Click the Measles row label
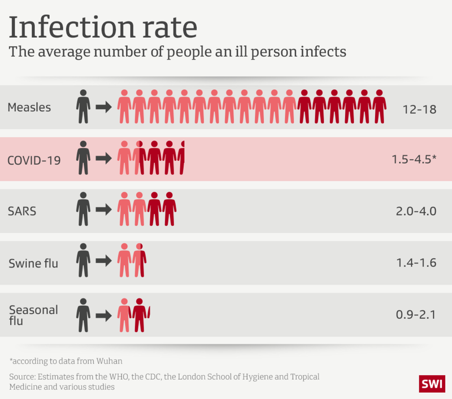coord(29,107)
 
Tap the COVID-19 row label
coord(34,160)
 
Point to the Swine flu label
coord(33,263)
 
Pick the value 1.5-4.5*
coord(414,160)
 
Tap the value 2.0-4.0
coord(416,212)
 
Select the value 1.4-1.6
coord(416,264)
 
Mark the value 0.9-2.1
coord(416,315)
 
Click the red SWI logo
coord(432,384)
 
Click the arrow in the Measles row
coord(103,107)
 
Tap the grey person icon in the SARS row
coord(83,210)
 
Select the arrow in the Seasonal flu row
coord(103,315)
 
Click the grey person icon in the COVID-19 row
coord(83,158)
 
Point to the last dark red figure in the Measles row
coord(379,107)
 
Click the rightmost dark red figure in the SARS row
coord(169,210)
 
